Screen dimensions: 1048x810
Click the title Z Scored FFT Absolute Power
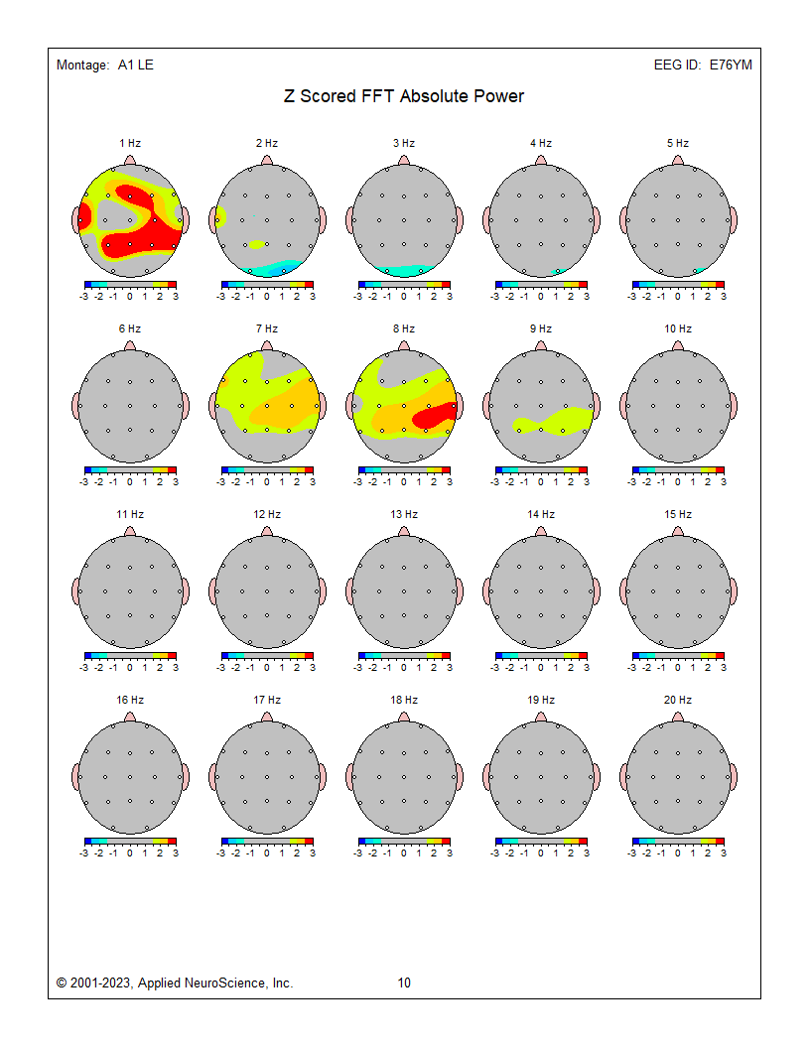point(403,96)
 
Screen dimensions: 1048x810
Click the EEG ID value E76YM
point(730,65)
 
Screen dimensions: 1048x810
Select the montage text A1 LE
point(135,65)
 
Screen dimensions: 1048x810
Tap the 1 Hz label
point(129,144)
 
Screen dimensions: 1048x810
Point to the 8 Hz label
point(403,329)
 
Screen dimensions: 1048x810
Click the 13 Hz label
point(403,515)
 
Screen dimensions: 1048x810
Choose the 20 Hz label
point(677,701)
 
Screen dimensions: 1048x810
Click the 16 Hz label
point(129,701)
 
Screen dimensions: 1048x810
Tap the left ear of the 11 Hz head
point(75,591)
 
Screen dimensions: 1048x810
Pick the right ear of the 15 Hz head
point(733,591)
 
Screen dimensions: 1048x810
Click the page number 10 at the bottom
point(404,983)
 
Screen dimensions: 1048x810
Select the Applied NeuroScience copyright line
point(175,983)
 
